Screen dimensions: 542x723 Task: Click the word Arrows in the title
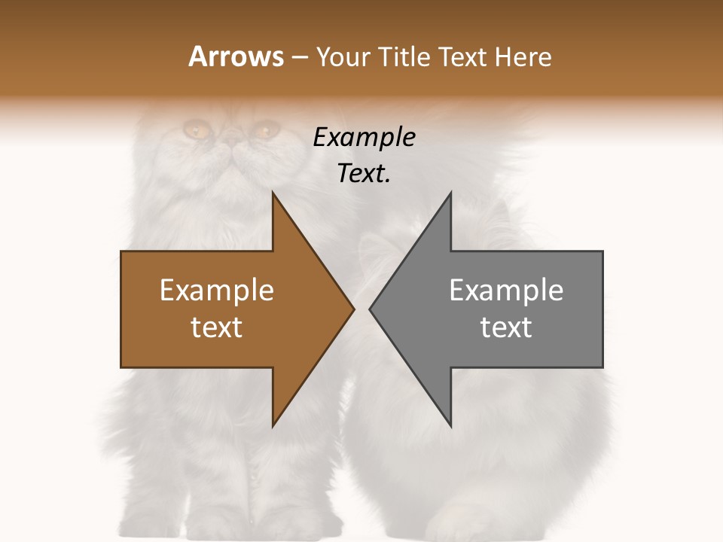click(236, 56)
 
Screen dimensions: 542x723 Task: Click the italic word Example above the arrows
click(364, 137)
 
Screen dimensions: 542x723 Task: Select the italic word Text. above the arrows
click(364, 173)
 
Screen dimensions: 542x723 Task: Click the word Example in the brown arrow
click(217, 290)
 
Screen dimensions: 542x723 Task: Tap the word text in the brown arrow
click(217, 327)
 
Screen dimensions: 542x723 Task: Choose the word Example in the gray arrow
click(506, 290)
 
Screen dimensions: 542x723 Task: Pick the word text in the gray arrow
click(506, 327)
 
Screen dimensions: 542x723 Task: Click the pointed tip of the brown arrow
click(353, 309)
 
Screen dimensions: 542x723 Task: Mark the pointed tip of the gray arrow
click(370, 309)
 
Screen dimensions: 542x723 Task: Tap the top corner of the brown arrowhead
click(273, 192)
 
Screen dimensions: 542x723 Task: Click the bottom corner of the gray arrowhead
click(450, 426)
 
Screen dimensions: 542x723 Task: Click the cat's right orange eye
click(265, 130)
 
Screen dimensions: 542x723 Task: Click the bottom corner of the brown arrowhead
click(273, 426)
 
